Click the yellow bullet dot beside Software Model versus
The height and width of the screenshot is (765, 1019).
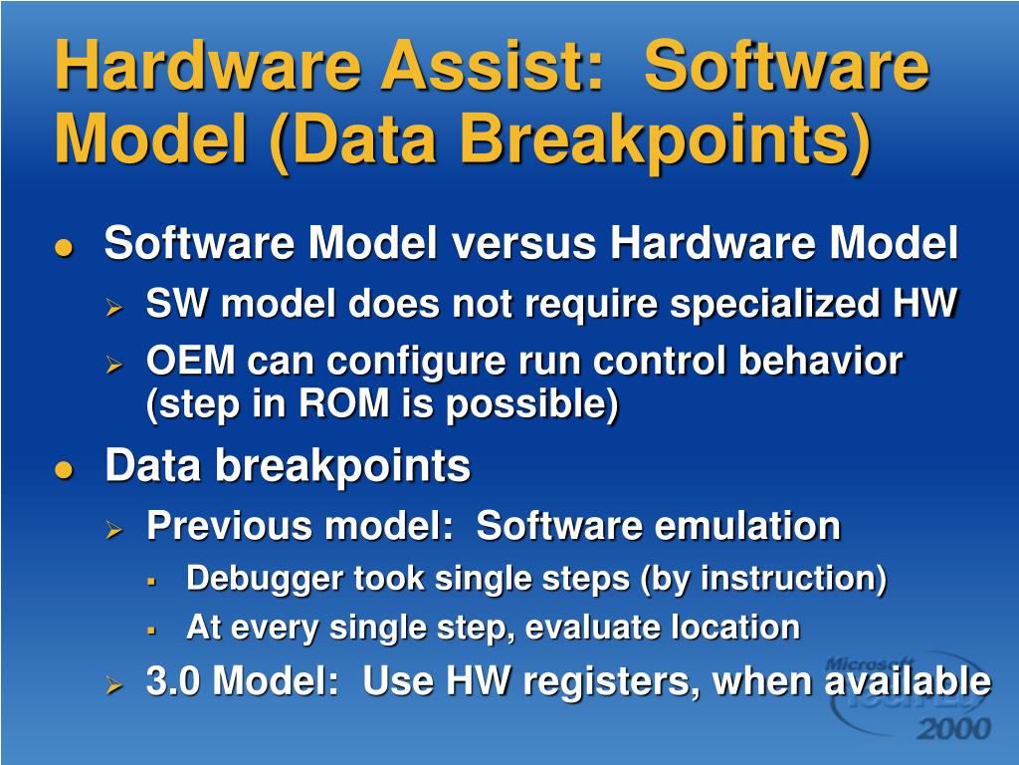point(64,247)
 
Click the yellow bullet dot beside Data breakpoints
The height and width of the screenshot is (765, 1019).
point(64,470)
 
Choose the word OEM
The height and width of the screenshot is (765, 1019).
point(190,361)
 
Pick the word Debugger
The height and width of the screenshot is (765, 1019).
point(264,580)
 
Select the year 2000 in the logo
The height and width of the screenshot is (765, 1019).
point(953,728)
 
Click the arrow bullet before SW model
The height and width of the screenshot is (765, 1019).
point(114,307)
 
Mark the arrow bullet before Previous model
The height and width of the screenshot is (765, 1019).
point(114,530)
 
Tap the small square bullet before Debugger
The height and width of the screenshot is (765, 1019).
point(151,581)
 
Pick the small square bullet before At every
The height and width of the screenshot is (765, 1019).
point(151,630)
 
